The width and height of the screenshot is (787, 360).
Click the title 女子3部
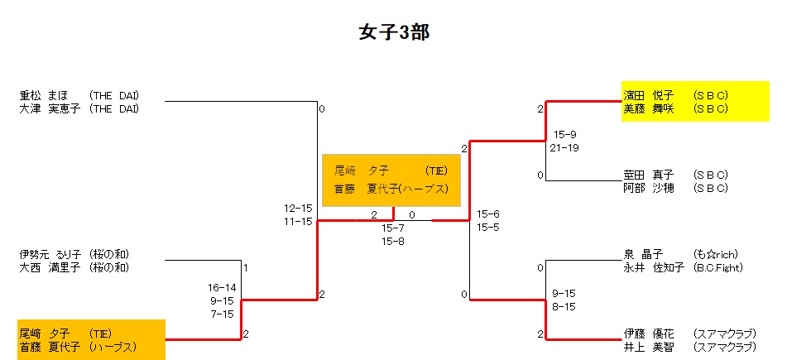(x=393, y=32)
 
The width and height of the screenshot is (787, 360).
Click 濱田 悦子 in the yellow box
(x=649, y=95)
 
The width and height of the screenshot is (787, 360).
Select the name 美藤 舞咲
(x=649, y=108)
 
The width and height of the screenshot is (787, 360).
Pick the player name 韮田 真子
(x=649, y=175)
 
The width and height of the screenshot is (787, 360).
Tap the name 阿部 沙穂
(x=649, y=188)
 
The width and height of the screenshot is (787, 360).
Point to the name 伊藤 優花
(x=649, y=334)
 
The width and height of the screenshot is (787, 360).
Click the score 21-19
(x=564, y=147)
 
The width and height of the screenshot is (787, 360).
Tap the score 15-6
(x=487, y=214)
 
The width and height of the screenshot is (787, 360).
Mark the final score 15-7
(x=392, y=228)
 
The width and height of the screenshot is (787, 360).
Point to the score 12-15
(x=298, y=208)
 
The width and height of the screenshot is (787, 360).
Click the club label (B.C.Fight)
(x=718, y=267)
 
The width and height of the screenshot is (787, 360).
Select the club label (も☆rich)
(x=716, y=254)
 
